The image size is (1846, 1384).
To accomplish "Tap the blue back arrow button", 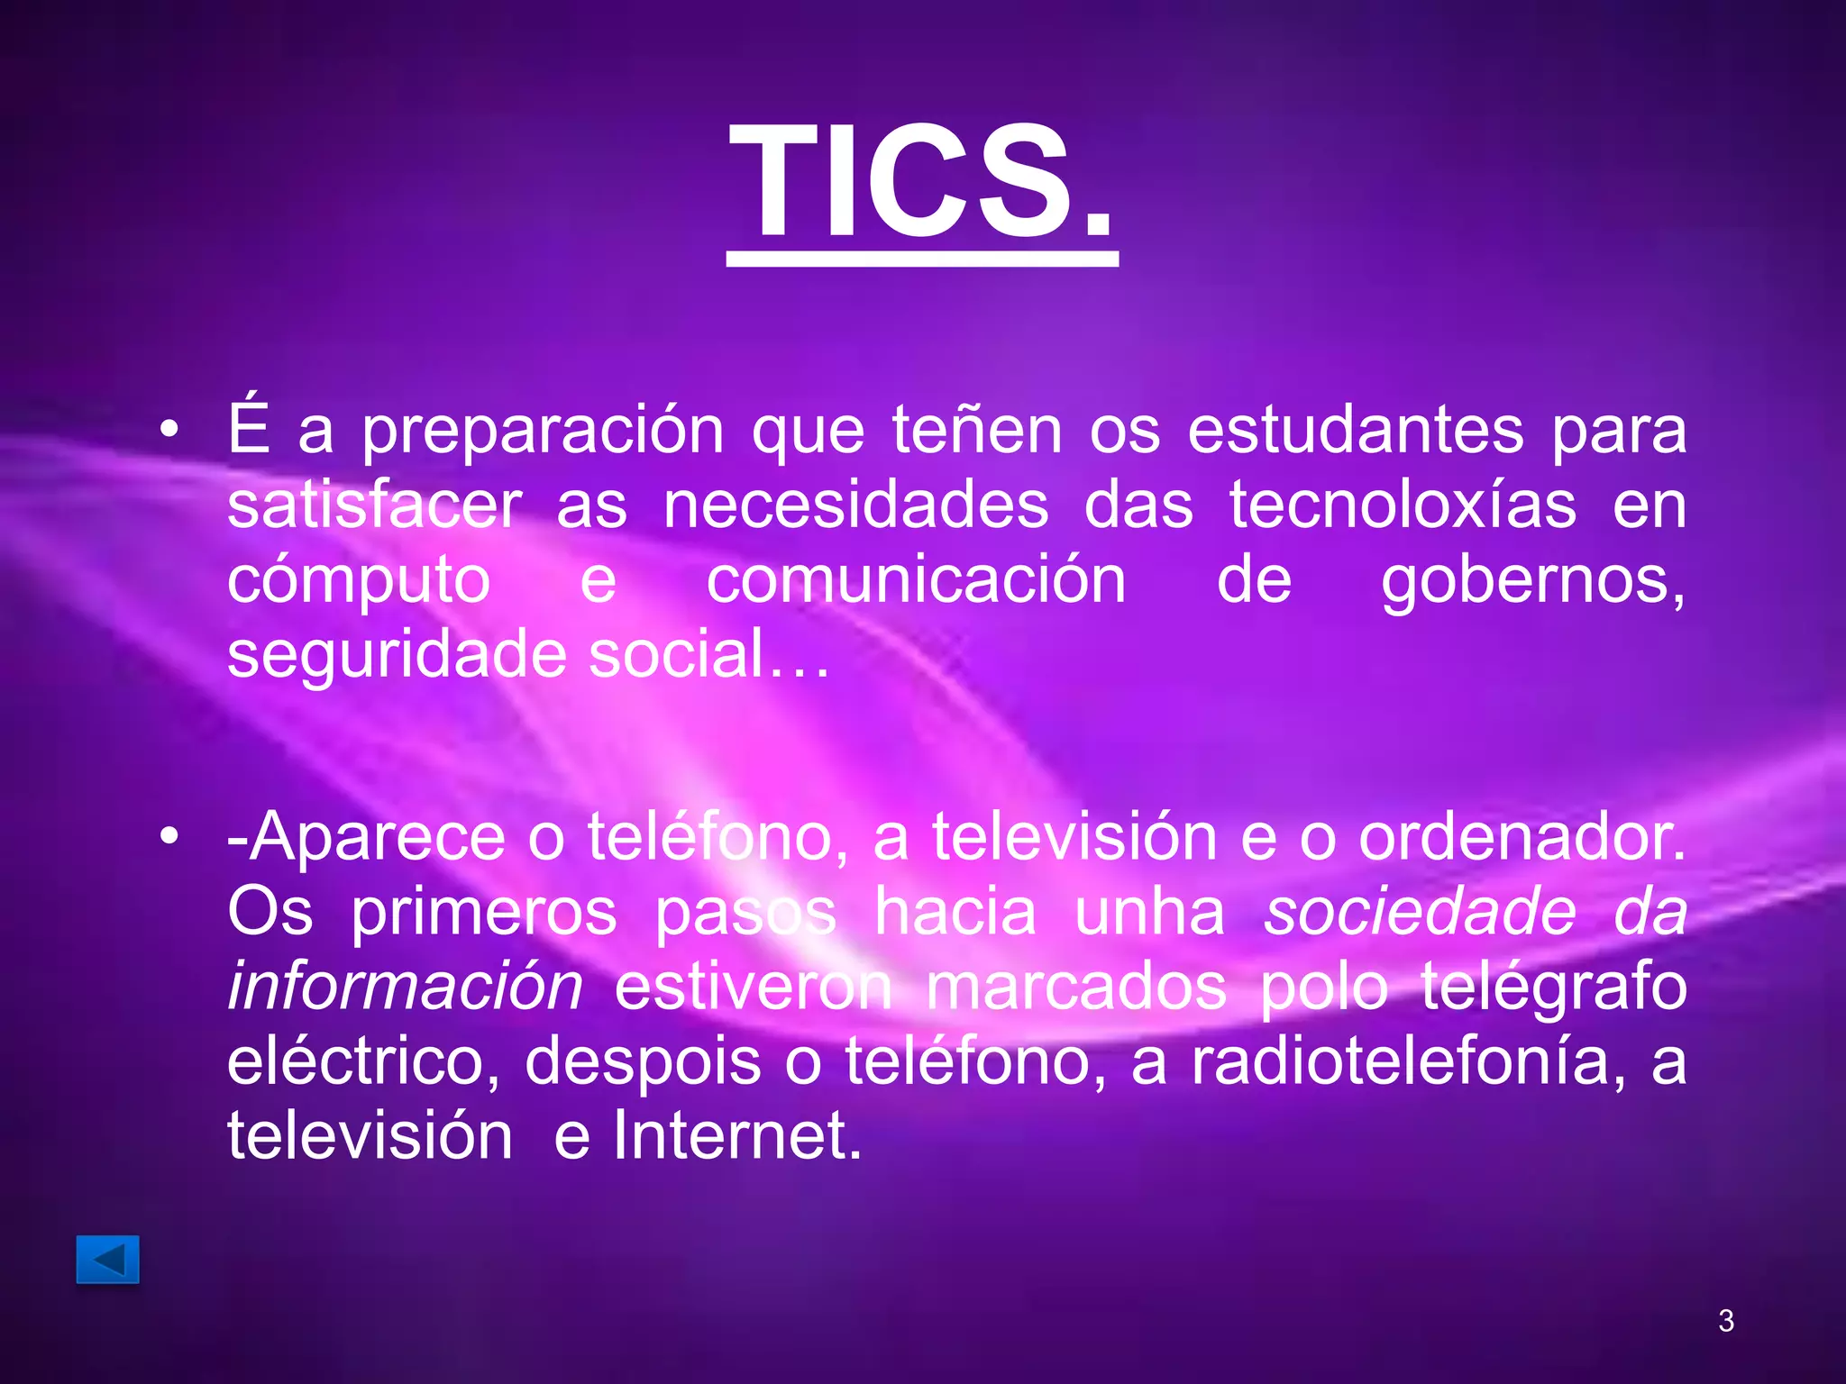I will click(x=107, y=1259).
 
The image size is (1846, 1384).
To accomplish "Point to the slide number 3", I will click(x=1726, y=1320).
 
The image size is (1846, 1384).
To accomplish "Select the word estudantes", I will click(x=1356, y=431).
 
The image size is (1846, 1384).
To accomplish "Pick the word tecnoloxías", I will click(x=1403, y=505).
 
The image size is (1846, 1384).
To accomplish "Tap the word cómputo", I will click(x=359, y=582).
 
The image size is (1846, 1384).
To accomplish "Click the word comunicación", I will click(x=916, y=580).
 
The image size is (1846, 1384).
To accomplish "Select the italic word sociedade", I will click(x=1420, y=913).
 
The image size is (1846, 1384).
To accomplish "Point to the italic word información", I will click(x=405, y=987).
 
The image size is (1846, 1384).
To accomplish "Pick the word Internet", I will click(x=736, y=1136).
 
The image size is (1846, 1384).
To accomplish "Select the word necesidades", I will click(x=855, y=505).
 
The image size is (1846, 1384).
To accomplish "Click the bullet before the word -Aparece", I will click(x=169, y=837).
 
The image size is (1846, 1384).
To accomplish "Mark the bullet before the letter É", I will click(x=169, y=430).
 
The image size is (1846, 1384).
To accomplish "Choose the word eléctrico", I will click(x=362, y=1062).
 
